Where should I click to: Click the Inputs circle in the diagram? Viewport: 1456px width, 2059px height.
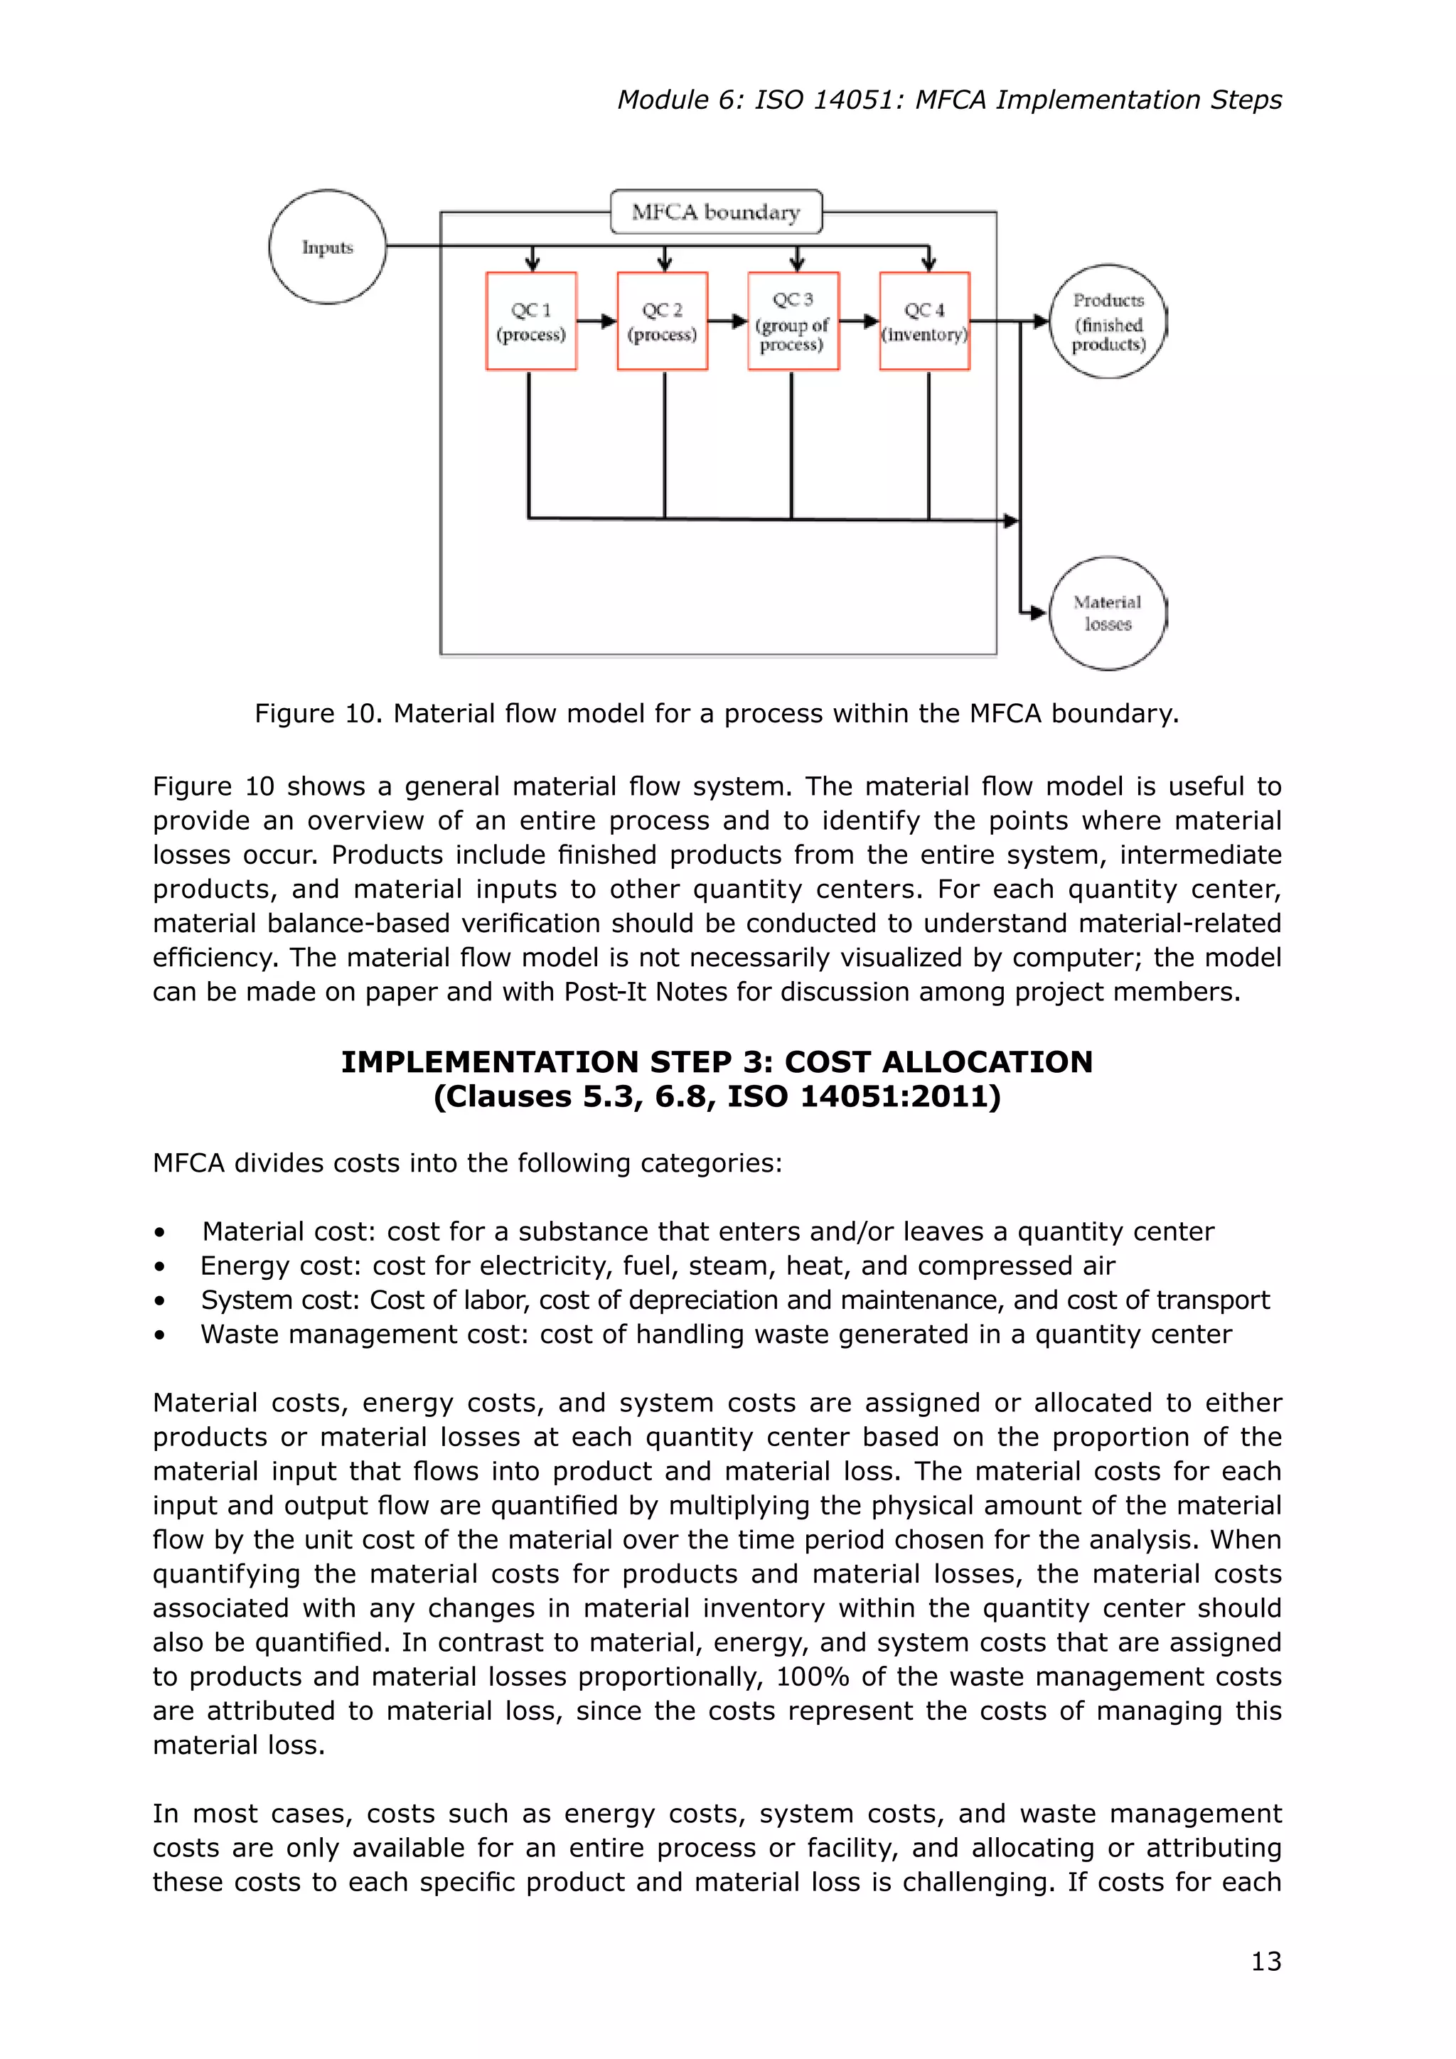(x=327, y=247)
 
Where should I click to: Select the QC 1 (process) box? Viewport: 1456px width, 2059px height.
(x=531, y=321)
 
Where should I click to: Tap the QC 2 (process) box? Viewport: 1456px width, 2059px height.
(x=663, y=321)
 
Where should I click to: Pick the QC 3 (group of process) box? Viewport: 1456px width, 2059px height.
(x=793, y=321)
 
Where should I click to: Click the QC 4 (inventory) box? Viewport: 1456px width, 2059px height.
(x=924, y=321)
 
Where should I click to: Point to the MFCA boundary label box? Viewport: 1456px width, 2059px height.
(x=715, y=212)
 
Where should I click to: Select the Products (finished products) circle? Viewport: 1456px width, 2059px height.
(x=1108, y=321)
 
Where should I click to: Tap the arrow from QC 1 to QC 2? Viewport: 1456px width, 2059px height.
(x=596, y=321)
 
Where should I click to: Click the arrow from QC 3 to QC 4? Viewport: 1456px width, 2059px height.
(x=859, y=321)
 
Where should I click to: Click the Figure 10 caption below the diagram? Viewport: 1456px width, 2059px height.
(x=717, y=713)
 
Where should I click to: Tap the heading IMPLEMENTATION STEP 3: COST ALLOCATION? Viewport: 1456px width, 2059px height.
(x=717, y=1061)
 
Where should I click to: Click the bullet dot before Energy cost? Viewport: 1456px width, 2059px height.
(x=159, y=1267)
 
